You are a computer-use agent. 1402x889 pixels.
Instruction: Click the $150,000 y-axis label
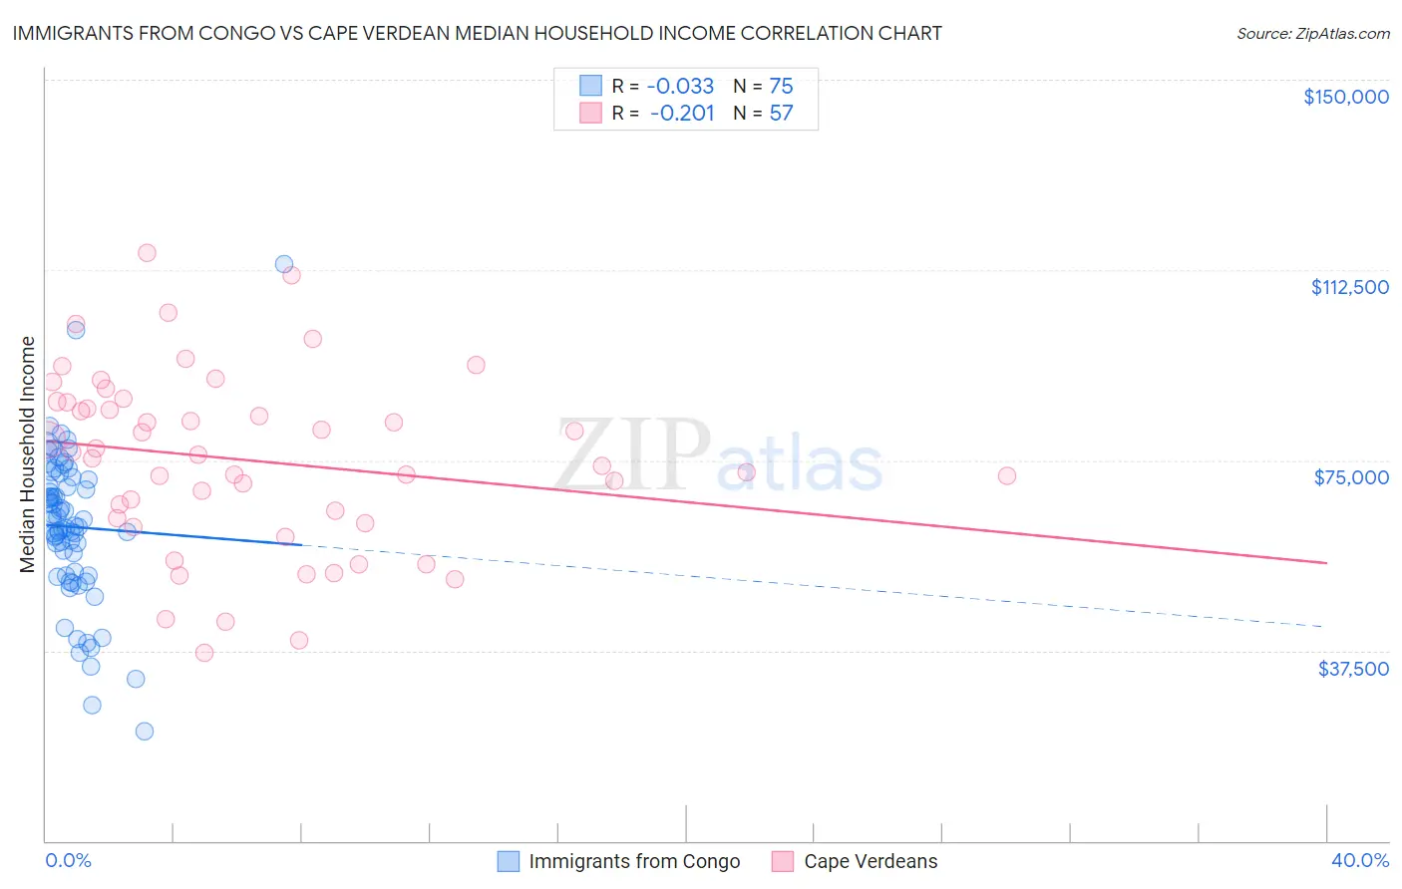point(1345,97)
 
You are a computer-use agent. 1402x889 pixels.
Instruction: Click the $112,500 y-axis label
point(1349,287)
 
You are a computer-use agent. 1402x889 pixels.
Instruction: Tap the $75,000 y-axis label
point(1351,477)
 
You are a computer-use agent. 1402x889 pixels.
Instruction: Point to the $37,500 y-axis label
point(1353,668)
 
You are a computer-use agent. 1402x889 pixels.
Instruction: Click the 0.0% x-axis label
point(68,860)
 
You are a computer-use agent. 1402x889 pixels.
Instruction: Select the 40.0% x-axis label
point(1359,860)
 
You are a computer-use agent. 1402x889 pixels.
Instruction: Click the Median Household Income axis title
point(28,454)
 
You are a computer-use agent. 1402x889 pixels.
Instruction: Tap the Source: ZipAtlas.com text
point(1312,33)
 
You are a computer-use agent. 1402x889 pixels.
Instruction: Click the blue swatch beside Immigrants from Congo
point(509,861)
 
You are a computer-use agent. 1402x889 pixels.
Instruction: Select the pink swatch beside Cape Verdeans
point(783,861)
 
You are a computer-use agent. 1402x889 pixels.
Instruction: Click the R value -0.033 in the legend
point(680,87)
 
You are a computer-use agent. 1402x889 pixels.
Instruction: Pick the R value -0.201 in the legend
point(682,114)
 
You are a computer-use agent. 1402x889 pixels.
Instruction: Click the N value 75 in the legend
point(781,87)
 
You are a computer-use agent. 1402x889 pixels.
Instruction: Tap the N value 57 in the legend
point(781,114)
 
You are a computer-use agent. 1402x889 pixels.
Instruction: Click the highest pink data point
point(147,252)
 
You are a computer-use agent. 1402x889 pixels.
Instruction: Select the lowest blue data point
point(145,731)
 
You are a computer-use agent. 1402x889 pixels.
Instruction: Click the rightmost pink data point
point(1007,475)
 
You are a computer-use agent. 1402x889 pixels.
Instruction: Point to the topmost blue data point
point(284,264)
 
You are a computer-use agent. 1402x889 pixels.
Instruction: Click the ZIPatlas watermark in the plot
point(719,457)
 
